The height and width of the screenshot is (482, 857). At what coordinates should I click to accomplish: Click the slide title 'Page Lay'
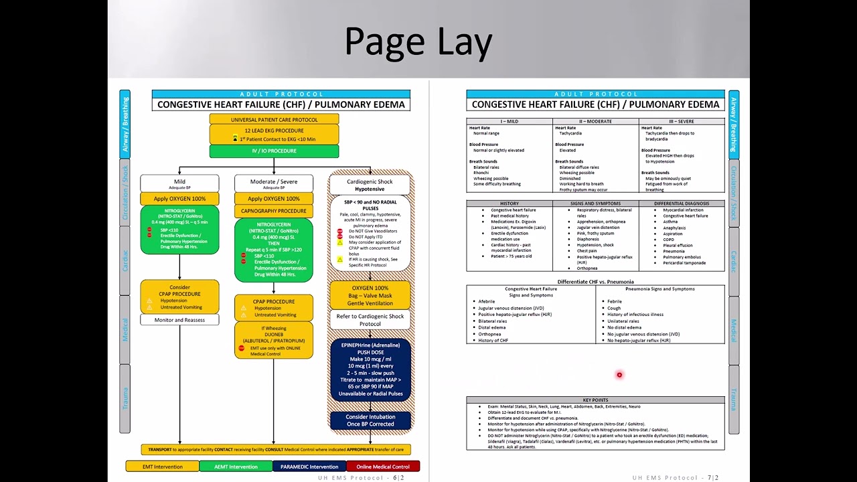click(x=418, y=42)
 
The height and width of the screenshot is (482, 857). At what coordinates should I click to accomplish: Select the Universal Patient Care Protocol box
click(x=274, y=119)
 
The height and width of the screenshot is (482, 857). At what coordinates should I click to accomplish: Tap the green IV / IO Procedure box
click(x=274, y=151)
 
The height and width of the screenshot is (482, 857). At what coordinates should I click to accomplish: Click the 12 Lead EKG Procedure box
click(x=274, y=135)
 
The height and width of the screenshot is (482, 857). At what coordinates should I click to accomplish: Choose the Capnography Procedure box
click(x=273, y=211)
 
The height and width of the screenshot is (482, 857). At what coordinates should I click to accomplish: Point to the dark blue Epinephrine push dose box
click(x=370, y=370)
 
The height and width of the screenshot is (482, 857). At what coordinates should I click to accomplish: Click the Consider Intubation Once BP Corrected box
click(x=370, y=420)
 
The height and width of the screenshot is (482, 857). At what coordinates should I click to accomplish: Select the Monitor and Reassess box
click(x=179, y=320)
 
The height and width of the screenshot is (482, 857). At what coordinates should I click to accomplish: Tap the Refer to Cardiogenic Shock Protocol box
click(x=370, y=320)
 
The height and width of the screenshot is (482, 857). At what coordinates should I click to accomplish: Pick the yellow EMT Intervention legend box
click(x=163, y=467)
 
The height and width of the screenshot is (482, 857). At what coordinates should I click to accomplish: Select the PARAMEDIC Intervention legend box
click(x=309, y=467)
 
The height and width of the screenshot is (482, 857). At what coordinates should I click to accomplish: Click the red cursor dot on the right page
click(x=619, y=375)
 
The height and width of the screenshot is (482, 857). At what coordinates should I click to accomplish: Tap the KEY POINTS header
click(x=595, y=400)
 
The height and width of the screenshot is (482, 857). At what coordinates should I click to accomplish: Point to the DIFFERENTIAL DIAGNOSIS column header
click(x=681, y=204)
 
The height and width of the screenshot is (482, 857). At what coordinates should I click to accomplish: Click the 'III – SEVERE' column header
click(x=682, y=122)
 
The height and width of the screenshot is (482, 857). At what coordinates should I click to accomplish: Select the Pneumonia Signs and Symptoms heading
click(x=659, y=289)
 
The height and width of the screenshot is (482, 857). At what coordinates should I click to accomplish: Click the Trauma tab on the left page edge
click(x=125, y=398)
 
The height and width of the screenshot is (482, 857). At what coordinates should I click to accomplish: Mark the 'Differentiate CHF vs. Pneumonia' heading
click(x=595, y=282)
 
